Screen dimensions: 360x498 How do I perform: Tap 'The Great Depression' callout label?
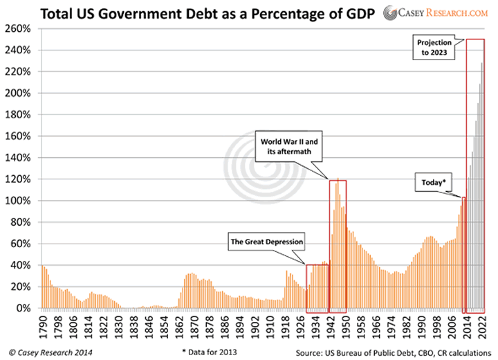pyautogui.click(x=267, y=242)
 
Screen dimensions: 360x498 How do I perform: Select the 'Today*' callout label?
pyautogui.click(x=432, y=183)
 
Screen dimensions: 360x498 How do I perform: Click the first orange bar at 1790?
pyautogui.click(x=43, y=287)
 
